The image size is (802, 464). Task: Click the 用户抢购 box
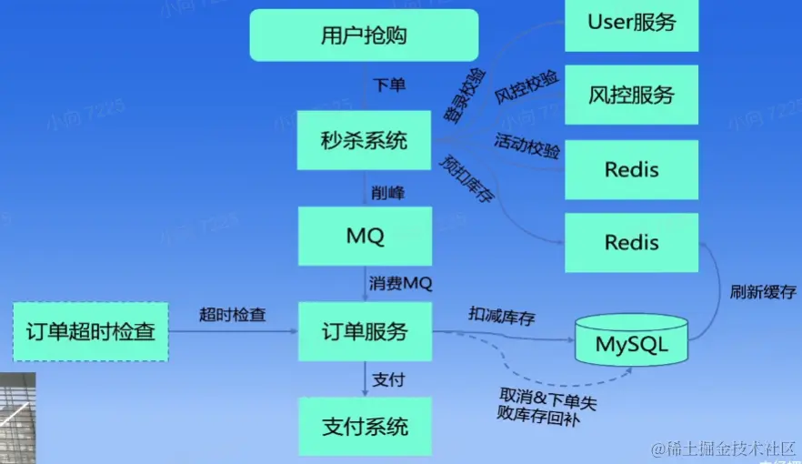pos(364,35)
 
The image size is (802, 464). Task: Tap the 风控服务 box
pos(631,95)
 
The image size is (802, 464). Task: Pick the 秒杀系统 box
pos(364,140)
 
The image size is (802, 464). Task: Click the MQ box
pos(364,237)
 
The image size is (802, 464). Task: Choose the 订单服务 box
pos(364,332)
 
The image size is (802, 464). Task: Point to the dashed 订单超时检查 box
pos(90,332)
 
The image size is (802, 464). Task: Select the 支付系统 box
pos(364,426)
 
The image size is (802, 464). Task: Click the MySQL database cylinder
pos(632,344)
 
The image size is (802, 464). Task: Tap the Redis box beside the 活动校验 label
pos(631,170)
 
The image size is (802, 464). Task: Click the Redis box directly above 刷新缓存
pos(631,243)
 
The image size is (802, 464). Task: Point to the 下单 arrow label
pos(389,86)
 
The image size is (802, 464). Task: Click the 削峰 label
pos(388,193)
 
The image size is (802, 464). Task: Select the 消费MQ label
pos(400,284)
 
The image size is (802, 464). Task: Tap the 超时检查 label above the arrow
pos(233,315)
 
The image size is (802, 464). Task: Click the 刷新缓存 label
pos(763,293)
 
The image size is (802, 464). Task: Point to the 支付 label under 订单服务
pos(388,379)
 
